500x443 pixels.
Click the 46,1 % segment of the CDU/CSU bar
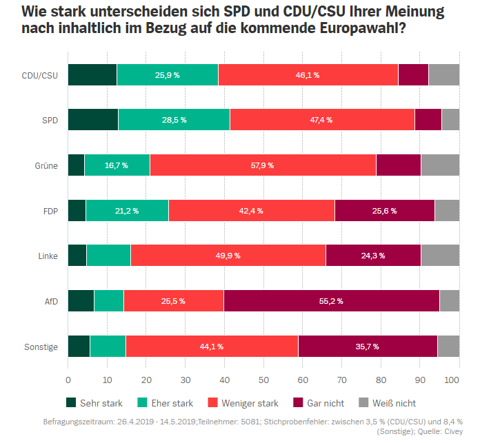point(308,74)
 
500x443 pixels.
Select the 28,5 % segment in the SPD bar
point(174,120)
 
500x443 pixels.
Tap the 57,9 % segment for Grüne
point(262,165)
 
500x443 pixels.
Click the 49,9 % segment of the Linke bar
point(228,256)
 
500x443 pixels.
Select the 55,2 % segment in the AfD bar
point(331,301)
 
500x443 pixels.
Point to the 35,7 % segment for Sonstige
point(367,347)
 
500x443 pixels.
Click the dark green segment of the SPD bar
point(92,120)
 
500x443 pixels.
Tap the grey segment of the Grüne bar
point(440,165)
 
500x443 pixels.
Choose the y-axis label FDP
point(50,211)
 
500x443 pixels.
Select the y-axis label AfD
point(51,301)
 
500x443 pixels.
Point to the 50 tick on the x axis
point(263,380)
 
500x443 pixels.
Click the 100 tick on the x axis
point(453,380)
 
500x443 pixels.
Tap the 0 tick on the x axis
point(68,380)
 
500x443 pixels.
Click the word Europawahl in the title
point(352,30)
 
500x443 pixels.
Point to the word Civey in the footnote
point(452,431)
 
